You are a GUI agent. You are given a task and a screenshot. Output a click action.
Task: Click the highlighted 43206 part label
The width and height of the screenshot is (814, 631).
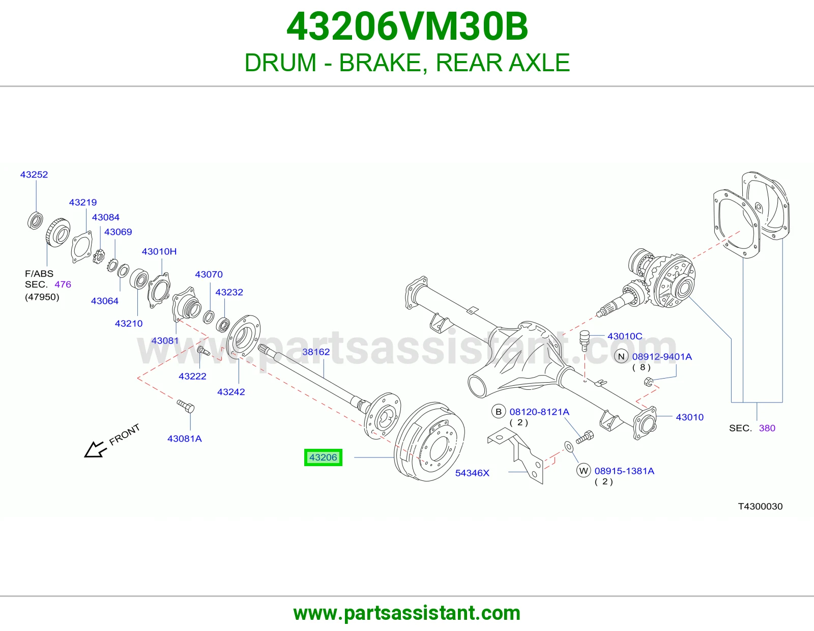pos(323,457)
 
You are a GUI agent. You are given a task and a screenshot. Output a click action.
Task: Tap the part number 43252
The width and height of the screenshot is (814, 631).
pos(34,175)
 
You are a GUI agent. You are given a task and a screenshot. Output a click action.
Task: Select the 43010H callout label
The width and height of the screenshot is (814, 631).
pos(159,251)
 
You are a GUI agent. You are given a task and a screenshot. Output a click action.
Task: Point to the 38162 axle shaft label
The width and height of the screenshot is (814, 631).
pos(316,352)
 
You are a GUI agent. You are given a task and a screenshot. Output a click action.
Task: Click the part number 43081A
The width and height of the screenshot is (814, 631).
pos(185,439)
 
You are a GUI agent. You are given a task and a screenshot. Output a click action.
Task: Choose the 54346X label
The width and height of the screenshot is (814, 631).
pos(472,473)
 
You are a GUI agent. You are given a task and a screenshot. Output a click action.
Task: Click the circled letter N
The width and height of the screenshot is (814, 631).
pos(621,356)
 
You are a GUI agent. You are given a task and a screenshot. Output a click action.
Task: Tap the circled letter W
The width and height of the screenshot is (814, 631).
pos(584,471)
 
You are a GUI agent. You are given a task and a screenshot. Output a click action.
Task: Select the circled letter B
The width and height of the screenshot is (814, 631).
pos(499,412)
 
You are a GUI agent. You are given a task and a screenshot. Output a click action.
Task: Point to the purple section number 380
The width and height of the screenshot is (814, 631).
pos(767,428)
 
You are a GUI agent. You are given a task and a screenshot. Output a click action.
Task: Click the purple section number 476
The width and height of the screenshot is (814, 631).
pos(63,284)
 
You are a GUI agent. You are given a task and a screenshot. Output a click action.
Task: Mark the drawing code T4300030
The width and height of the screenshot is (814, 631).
pos(760,506)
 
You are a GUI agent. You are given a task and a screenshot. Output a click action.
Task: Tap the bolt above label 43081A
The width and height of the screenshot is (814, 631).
pos(186,406)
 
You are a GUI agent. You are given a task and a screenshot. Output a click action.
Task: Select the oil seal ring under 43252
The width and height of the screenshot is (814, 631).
pos(35,221)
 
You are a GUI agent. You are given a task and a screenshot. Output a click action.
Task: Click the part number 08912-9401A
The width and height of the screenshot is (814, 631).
pos(662,357)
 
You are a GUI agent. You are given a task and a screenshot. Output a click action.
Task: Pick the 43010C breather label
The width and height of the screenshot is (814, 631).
pos(625,336)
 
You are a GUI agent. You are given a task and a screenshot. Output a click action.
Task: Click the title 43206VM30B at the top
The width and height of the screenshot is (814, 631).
pos(407,26)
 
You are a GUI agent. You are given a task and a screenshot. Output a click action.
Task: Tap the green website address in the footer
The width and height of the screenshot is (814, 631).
pos(407,613)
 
